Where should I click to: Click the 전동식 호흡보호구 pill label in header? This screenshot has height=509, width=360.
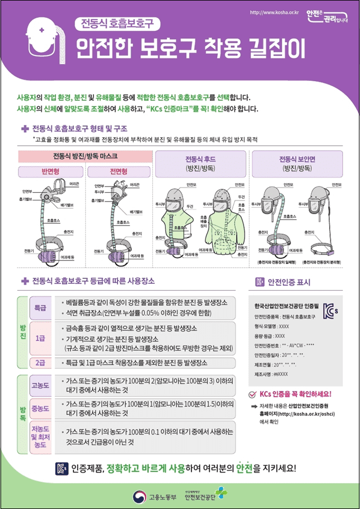118,24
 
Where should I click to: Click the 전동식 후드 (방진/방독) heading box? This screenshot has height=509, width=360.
200,162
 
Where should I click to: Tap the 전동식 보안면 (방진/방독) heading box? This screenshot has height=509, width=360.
297,162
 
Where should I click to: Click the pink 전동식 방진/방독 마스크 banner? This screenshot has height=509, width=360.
86,156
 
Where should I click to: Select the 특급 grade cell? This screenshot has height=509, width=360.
40,308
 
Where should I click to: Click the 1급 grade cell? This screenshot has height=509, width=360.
40,338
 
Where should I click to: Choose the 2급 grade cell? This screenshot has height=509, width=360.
40,362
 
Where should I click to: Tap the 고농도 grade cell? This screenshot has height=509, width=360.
40,387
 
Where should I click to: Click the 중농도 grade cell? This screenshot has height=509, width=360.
40,408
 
